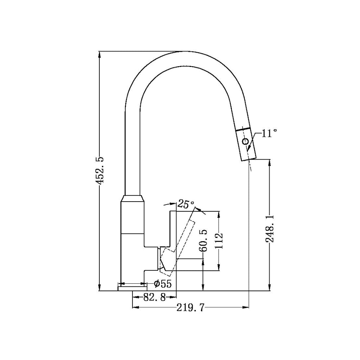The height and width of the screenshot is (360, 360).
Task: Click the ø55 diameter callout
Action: (x=162, y=284)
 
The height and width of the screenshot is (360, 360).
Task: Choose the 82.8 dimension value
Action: (x=155, y=297)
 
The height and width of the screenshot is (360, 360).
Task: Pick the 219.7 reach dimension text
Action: (x=190, y=307)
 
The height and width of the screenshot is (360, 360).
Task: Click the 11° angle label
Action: (x=269, y=134)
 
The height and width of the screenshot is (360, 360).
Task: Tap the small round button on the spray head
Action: (x=246, y=141)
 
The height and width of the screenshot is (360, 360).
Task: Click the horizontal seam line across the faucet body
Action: (x=132, y=233)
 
